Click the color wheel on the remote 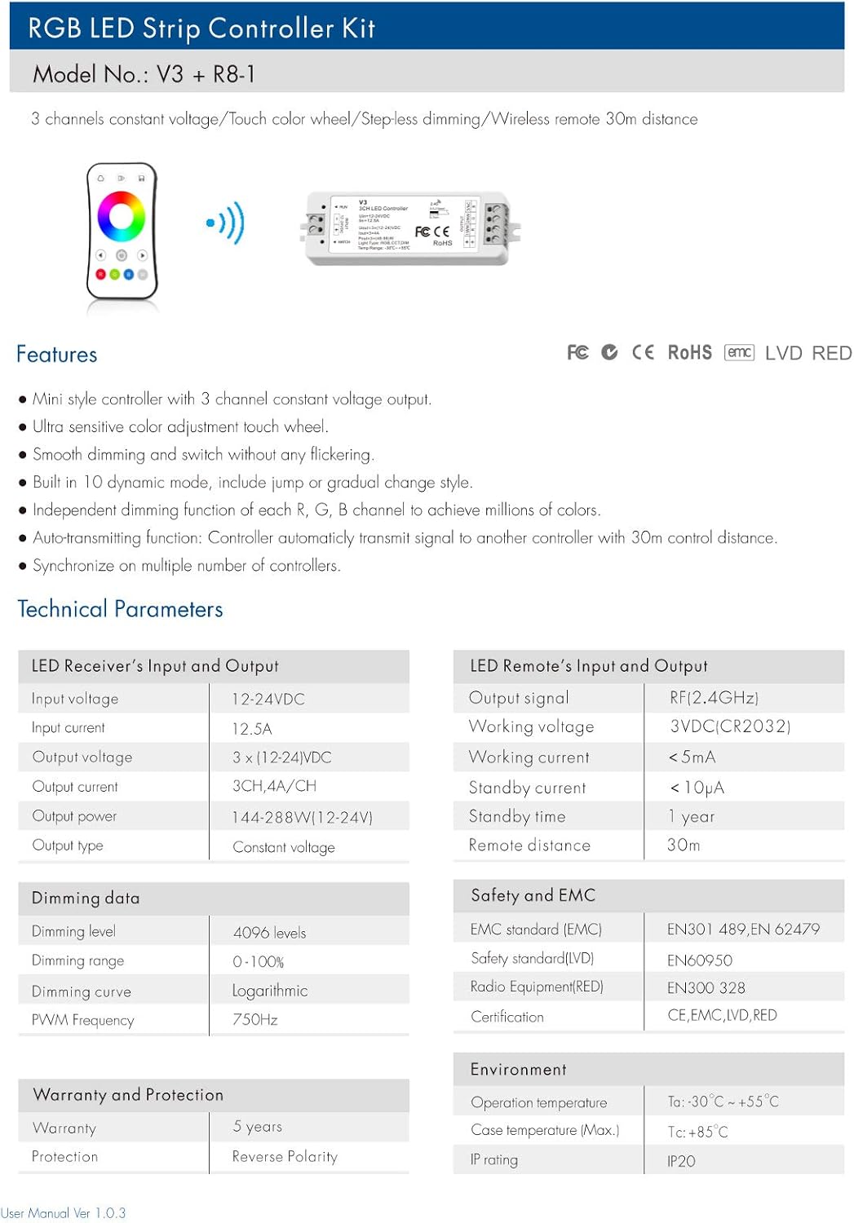pos(122,216)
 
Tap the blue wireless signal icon pos(225,222)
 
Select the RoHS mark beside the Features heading pos(689,352)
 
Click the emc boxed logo pos(739,352)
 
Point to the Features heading pos(57,355)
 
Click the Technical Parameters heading pos(120,609)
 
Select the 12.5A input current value pos(252,728)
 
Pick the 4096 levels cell pos(269,932)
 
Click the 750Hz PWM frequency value pos(254,1019)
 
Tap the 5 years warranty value pos(257,1126)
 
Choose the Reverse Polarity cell pos(284,1156)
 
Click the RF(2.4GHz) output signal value pos(714,697)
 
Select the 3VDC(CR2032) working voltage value pos(730,726)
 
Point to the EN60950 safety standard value pos(699,960)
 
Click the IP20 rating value pos(681,1161)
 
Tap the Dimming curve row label pos(81,991)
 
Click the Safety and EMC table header pos(533,895)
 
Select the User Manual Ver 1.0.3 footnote pos(63,1213)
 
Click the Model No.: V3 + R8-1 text pos(144,74)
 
